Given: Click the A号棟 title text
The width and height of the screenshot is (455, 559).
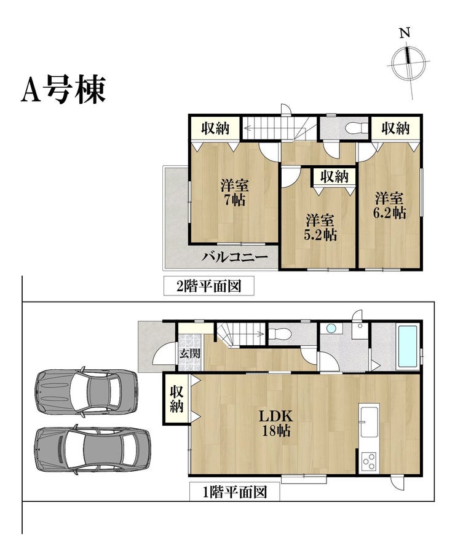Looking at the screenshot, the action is pyautogui.click(x=63, y=89).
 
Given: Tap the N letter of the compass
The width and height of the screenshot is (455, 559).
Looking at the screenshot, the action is pyautogui.click(x=405, y=33).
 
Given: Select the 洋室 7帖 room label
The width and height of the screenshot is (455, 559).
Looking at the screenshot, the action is pyautogui.click(x=234, y=193).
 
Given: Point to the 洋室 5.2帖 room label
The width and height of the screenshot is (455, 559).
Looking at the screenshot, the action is pyautogui.click(x=320, y=227).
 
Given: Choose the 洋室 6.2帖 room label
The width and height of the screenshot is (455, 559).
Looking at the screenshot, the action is pyautogui.click(x=389, y=205).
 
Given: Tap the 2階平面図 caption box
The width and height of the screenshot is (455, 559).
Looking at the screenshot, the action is pyautogui.click(x=209, y=286).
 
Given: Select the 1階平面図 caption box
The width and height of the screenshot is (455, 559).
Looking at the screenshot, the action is pyautogui.click(x=234, y=492).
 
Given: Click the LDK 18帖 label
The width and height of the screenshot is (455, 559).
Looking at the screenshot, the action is pyautogui.click(x=276, y=423).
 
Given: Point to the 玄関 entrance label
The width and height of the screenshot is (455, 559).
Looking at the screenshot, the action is pyautogui.click(x=189, y=354).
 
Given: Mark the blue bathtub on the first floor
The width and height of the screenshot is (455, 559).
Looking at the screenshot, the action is pyautogui.click(x=408, y=348).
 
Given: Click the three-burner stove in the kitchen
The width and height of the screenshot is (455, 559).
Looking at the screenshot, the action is pyautogui.click(x=370, y=462).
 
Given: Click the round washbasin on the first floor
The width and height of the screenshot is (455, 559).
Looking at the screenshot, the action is pyautogui.click(x=331, y=328).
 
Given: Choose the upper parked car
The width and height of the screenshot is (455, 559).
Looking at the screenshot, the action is pyautogui.click(x=86, y=391).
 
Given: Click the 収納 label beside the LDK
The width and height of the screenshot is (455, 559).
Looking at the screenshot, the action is pyautogui.click(x=176, y=399).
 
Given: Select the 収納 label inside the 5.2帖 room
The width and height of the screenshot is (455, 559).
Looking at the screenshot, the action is pyautogui.click(x=334, y=176).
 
